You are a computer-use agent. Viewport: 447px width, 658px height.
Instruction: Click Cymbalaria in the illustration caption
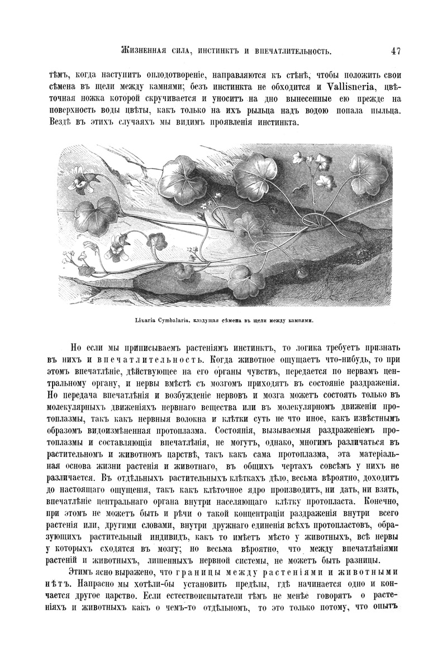point(173,321)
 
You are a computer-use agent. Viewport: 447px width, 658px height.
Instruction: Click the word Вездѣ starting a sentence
point(61,123)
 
